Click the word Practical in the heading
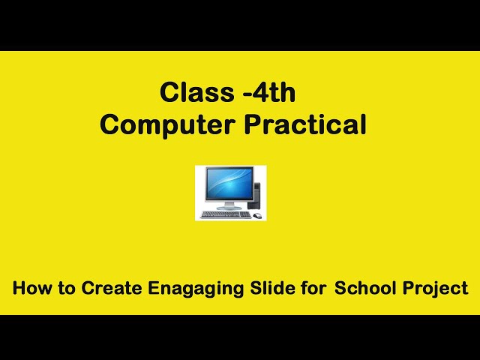[x=305, y=125]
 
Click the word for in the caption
[x=313, y=288]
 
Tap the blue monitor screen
[x=224, y=184]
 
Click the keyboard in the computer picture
[x=225, y=214]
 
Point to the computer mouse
[x=257, y=216]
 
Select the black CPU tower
[x=256, y=195]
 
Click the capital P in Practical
[x=253, y=125]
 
